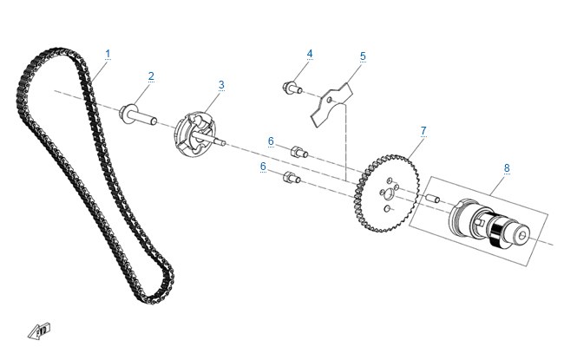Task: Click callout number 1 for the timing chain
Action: (108, 54)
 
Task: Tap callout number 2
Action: (151, 75)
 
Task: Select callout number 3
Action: (221, 85)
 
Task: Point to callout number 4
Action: (310, 54)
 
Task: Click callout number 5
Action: (363, 56)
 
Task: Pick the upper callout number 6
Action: (271, 141)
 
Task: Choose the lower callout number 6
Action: (263, 167)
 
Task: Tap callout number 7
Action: (423, 131)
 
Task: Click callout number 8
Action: (507, 168)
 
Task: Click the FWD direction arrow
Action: (39, 331)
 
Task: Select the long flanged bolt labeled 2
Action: (138, 115)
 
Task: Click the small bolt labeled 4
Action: (292, 88)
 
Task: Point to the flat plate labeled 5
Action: (331, 105)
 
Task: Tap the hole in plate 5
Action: (330, 100)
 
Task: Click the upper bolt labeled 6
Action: (299, 152)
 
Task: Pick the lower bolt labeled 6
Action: (292, 177)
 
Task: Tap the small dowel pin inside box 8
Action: (433, 199)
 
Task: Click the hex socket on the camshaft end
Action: (522, 236)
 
